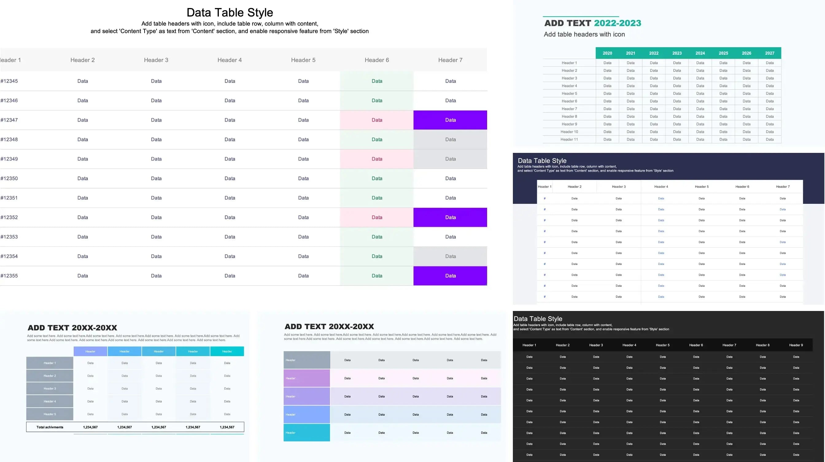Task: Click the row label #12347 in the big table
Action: pyautogui.click(x=9, y=120)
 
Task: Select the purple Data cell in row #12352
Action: pyautogui.click(x=450, y=217)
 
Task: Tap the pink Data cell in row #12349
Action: pyautogui.click(x=377, y=159)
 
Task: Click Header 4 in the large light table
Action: pyautogui.click(x=229, y=60)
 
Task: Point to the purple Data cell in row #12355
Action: pyautogui.click(x=450, y=276)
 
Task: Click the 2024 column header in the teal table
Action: pyautogui.click(x=700, y=53)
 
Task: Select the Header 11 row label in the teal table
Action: pyautogui.click(x=569, y=139)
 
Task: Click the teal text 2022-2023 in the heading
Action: pyautogui.click(x=617, y=23)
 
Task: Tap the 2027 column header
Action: pyautogui.click(x=769, y=53)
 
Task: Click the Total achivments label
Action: pyautogui.click(x=50, y=427)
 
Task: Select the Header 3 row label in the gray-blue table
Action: pyautogui.click(x=50, y=389)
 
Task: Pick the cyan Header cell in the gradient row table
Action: pyautogui.click(x=307, y=433)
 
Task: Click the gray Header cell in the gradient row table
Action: pyautogui.click(x=307, y=360)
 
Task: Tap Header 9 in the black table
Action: pyautogui.click(x=796, y=345)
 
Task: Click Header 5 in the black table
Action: pyautogui.click(x=663, y=345)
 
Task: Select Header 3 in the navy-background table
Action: pyautogui.click(x=618, y=186)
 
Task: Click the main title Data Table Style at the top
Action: pyautogui.click(x=230, y=13)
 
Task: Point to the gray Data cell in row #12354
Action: pyautogui.click(x=450, y=256)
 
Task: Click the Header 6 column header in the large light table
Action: pyautogui.click(x=377, y=60)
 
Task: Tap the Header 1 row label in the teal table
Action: pyautogui.click(x=569, y=63)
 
